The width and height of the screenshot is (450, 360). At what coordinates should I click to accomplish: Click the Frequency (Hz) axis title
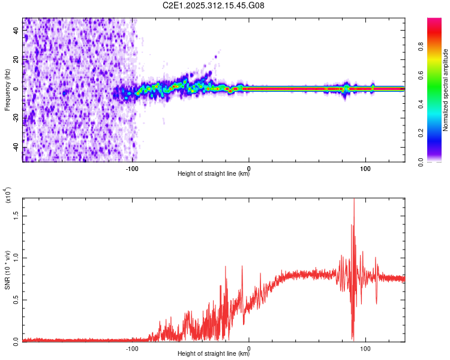[7, 90]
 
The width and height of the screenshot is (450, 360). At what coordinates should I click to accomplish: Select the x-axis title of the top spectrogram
[214, 174]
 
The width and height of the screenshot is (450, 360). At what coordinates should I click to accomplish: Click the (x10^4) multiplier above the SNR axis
[8, 195]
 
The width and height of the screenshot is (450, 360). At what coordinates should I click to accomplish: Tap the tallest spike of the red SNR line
[354, 200]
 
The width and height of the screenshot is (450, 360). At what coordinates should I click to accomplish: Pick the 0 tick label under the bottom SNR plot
[249, 347]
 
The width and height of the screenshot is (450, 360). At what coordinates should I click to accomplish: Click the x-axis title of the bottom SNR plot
[214, 353]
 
